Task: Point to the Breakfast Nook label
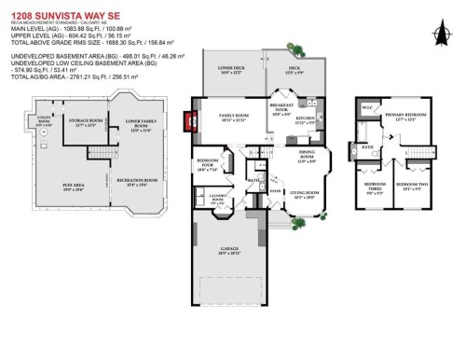[x=282, y=109]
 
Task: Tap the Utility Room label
[x=43, y=118]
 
